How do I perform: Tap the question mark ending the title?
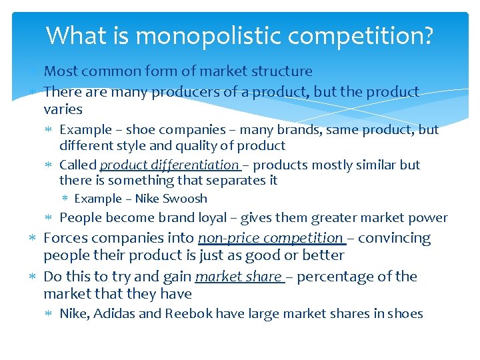pyautogui.click(x=427, y=35)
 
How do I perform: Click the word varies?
pyautogui.click(x=63, y=109)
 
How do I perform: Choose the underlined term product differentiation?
pyautogui.click(x=169, y=165)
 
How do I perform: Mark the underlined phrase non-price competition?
pyautogui.click(x=270, y=238)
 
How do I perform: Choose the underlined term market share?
pyautogui.click(x=238, y=276)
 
